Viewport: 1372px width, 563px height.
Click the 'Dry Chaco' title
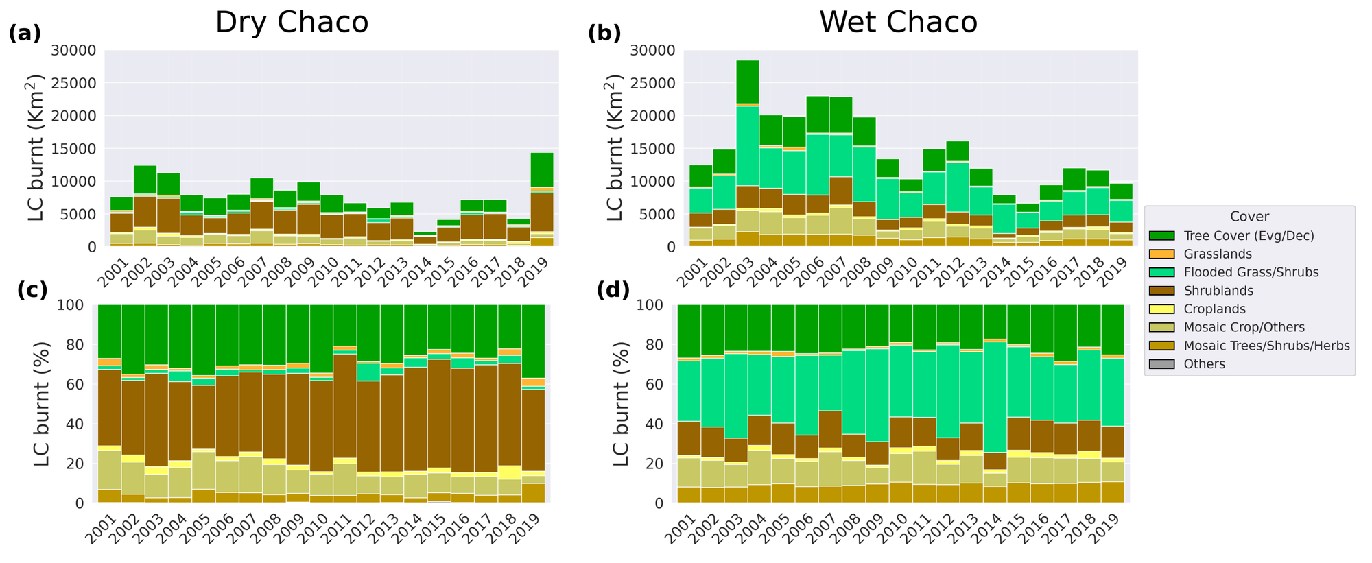292,23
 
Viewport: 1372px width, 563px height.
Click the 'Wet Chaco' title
898,23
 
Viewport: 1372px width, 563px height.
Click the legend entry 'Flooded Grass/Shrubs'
1251,272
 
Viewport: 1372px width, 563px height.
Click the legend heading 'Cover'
1249,217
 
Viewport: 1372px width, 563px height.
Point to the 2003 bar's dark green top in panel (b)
747,82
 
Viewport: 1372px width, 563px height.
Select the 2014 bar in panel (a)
424,239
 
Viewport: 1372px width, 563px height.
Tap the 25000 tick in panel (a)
77,84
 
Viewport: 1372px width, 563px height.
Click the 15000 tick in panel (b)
657,149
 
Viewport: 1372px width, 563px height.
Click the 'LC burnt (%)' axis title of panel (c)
43,404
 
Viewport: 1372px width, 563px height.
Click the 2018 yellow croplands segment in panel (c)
509,472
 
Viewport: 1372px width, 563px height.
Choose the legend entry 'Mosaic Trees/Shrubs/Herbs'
1266,346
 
